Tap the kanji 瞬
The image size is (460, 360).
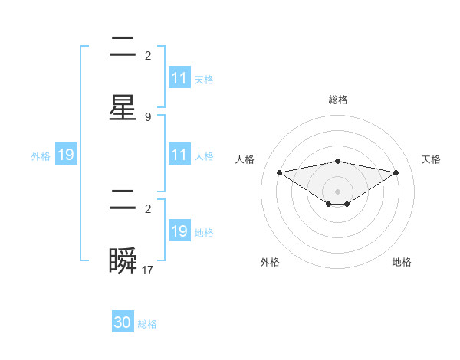coord(123,262)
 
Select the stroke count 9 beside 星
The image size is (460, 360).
coord(147,117)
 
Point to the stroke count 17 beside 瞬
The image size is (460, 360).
coord(148,270)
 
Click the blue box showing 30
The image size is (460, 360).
coord(123,322)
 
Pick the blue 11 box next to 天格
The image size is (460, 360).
coord(179,78)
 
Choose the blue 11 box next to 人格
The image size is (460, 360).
coord(179,155)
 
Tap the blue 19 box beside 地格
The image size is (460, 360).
coord(179,231)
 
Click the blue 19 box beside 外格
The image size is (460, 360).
coord(66,155)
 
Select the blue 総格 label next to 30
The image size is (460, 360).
coord(147,324)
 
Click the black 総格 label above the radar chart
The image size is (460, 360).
coord(338,100)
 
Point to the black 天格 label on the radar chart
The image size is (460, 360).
coord(431,159)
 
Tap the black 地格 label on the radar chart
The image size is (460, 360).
coord(402,262)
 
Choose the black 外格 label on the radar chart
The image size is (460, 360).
coord(270,262)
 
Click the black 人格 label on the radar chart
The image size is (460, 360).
coord(245,159)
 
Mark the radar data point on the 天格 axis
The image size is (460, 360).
coord(396,172)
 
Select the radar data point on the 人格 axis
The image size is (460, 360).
coord(279,172)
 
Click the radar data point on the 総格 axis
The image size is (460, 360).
coord(338,161)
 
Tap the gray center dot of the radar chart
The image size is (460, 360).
coord(338,191)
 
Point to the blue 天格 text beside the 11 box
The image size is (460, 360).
coord(204,79)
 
